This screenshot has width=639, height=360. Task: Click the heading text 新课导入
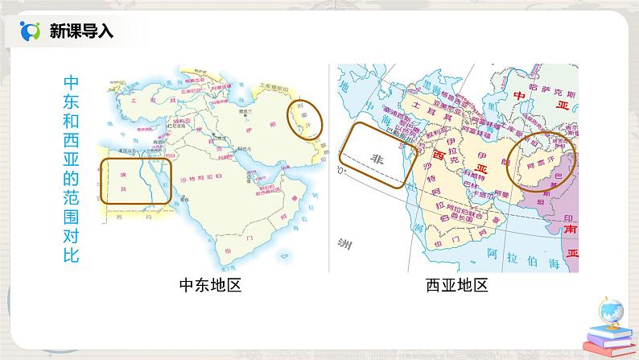point(81,31)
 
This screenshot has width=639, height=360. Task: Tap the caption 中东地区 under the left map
point(210,285)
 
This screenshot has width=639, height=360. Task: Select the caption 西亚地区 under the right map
point(457,285)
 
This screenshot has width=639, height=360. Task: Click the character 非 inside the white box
point(375,158)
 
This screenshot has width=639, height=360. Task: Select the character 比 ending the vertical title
point(71,255)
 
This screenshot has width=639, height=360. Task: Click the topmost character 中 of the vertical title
point(71,84)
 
